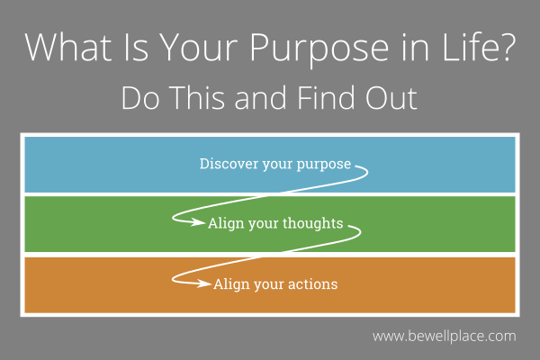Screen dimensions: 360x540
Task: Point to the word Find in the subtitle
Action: [x=334, y=98]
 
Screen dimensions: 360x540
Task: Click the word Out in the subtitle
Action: [x=394, y=98]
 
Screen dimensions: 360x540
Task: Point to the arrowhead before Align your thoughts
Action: [x=201, y=224]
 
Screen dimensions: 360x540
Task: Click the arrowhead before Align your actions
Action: [x=206, y=284]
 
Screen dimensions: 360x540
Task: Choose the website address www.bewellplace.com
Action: [x=444, y=337]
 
